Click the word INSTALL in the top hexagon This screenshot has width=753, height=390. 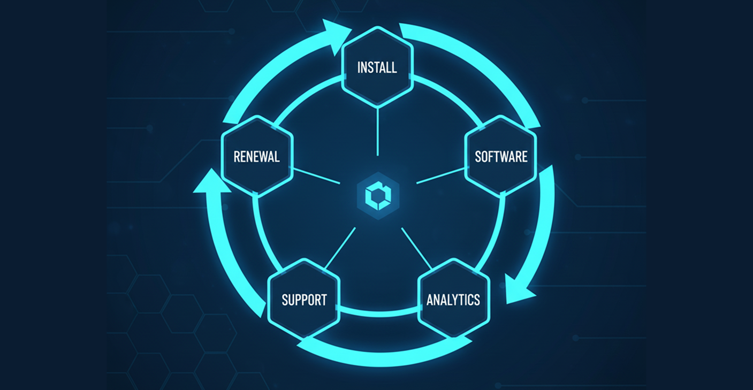[377, 68]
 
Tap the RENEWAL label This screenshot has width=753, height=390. [256, 157]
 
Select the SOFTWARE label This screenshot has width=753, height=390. [501, 156]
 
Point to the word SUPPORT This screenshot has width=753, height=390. [304, 300]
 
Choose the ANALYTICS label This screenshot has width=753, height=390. [453, 300]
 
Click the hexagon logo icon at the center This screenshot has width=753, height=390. [378, 196]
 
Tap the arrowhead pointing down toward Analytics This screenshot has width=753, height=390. [518, 292]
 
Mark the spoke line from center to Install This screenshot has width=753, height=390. [378, 131]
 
